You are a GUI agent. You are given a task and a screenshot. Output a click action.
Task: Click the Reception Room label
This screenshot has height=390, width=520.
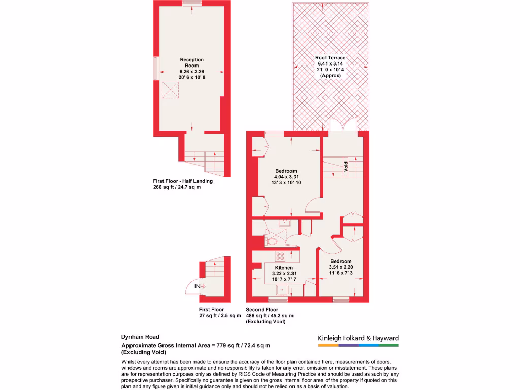[x=191, y=62]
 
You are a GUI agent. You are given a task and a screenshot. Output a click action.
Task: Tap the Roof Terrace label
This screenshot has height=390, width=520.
[x=330, y=58]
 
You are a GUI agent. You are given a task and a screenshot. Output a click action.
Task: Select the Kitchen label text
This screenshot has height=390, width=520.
[x=284, y=268]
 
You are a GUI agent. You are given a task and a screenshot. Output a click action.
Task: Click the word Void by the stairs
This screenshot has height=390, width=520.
[x=346, y=167]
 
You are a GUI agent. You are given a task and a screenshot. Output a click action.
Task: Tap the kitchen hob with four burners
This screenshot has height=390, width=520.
[x=280, y=256]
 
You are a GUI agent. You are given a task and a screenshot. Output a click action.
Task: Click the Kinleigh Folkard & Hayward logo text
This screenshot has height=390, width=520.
[x=358, y=338]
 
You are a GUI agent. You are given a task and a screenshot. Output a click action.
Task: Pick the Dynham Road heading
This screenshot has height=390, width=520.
[x=140, y=337]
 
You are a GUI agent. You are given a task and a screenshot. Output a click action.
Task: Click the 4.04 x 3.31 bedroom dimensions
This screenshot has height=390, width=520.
[x=286, y=177]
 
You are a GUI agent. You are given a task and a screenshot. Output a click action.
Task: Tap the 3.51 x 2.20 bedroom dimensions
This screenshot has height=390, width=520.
[x=341, y=267]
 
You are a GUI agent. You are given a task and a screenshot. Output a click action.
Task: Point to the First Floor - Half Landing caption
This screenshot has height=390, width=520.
[x=183, y=181]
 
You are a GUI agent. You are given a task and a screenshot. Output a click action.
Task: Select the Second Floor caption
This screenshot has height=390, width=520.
[x=262, y=309]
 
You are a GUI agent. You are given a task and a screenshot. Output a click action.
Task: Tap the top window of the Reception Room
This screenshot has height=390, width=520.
[x=192, y=3]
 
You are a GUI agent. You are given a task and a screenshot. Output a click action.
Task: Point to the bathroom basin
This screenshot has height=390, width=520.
[x=285, y=223]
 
